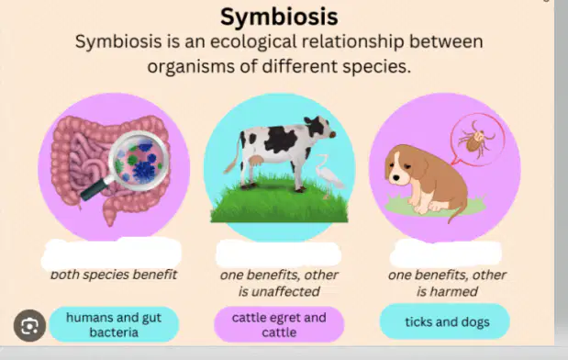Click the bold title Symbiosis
coord(279,17)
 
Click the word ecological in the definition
coord(253,41)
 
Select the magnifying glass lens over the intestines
coord(139,161)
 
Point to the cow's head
coord(318,128)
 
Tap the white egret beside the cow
coord(328,174)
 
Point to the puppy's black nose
coord(396,178)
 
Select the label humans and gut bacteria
coord(114,325)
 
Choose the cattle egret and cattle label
coord(279,325)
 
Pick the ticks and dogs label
coord(445,322)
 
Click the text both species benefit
coord(114,275)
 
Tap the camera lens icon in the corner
coord(29,325)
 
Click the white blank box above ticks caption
coord(446,253)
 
